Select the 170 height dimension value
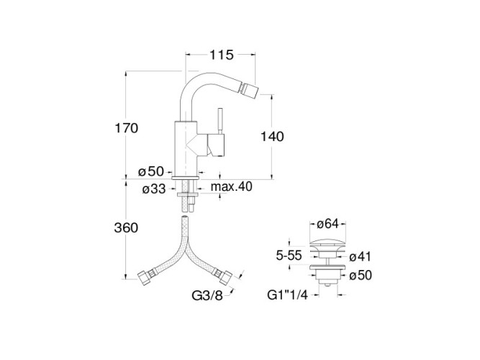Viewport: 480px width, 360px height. (125, 127)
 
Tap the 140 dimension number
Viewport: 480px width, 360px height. (273, 136)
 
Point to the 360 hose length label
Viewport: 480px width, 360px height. (125, 228)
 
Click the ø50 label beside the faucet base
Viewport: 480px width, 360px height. (153, 171)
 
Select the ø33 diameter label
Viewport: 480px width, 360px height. (153, 188)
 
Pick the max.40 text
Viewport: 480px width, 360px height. (232, 188)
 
